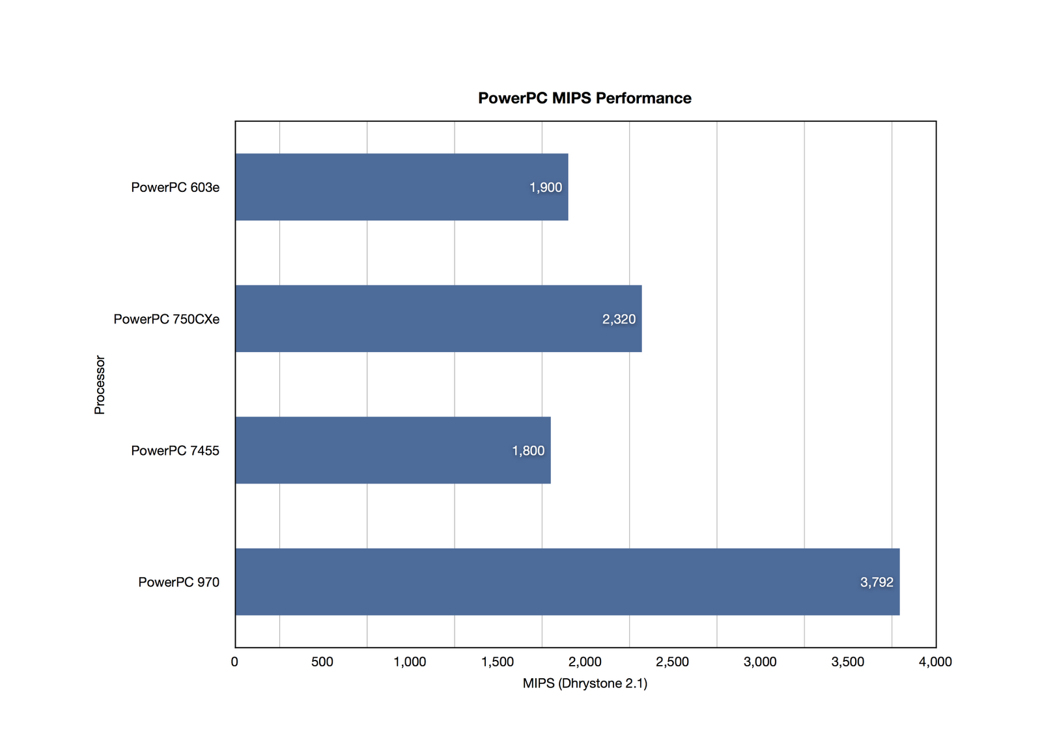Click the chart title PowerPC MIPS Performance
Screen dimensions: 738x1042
pos(584,98)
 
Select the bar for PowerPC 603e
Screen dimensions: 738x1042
pos(391,187)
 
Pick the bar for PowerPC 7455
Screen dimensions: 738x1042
pos(378,450)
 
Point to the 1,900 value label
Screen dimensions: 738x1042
pos(545,187)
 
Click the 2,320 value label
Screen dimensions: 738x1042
pos(619,319)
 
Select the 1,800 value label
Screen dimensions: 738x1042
pos(528,450)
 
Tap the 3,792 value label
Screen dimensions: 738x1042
pos(877,582)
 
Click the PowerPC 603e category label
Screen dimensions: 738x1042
pos(175,187)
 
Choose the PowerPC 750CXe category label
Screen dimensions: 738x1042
pos(166,319)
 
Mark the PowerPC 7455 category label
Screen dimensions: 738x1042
pos(175,450)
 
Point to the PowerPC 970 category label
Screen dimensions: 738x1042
pos(178,582)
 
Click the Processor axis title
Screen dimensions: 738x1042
pos(100,385)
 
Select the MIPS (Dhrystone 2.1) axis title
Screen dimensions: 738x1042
pos(585,683)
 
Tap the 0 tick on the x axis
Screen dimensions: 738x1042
pos(234,662)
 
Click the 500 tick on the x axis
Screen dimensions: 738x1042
pos(322,662)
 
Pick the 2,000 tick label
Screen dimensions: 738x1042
pos(585,662)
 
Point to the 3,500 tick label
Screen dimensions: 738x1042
pos(847,662)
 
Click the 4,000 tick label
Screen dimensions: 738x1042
pos(935,662)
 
